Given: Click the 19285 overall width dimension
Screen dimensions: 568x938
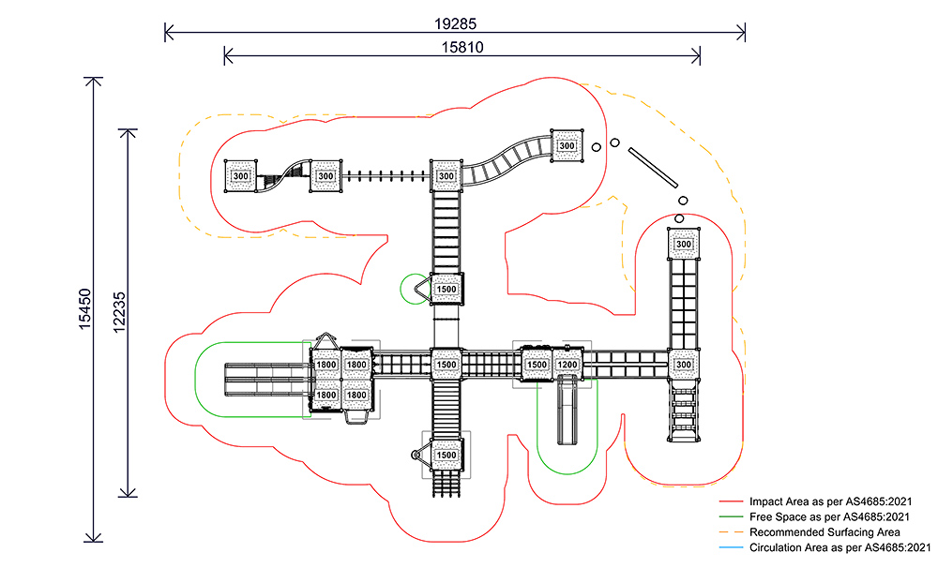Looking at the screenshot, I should (x=454, y=21).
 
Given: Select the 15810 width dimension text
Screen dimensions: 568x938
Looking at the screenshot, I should (x=461, y=45).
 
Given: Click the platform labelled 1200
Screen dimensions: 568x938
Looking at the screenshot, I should (x=567, y=365).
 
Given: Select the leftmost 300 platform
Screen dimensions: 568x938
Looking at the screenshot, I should (x=241, y=176).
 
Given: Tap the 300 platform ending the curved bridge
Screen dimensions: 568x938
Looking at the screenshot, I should (x=567, y=146).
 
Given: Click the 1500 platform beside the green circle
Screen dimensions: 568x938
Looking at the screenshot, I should (x=446, y=290).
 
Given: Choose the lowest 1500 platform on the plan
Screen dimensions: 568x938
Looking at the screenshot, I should (x=446, y=456).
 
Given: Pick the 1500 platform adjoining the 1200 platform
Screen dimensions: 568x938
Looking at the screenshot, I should (x=537, y=365).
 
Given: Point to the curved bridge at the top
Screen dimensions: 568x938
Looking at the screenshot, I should (x=507, y=159).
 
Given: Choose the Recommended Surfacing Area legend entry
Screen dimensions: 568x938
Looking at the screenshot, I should (x=825, y=531).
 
